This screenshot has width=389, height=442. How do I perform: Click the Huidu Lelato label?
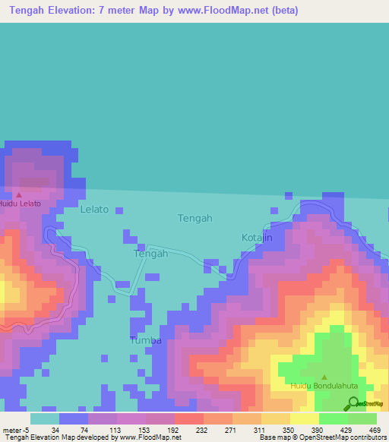(x=20, y=204)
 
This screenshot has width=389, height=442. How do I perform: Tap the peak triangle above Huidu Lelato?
(x=19, y=195)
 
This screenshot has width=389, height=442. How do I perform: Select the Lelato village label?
(x=94, y=209)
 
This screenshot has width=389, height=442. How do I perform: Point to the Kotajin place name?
(x=257, y=238)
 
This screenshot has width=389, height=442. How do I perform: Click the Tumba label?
(x=145, y=340)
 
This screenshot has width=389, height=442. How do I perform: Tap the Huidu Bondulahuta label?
(x=324, y=386)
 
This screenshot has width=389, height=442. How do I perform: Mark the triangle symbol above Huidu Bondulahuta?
(x=325, y=377)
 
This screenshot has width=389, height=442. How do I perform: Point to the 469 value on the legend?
(x=374, y=430)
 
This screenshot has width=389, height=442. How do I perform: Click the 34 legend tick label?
(x=55, y=430)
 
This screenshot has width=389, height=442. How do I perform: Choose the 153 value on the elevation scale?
(x=122, y=430)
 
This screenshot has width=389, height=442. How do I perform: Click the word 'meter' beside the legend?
(x=11, y=430)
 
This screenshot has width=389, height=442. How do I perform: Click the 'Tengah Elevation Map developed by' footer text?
(x=57, y=437)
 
